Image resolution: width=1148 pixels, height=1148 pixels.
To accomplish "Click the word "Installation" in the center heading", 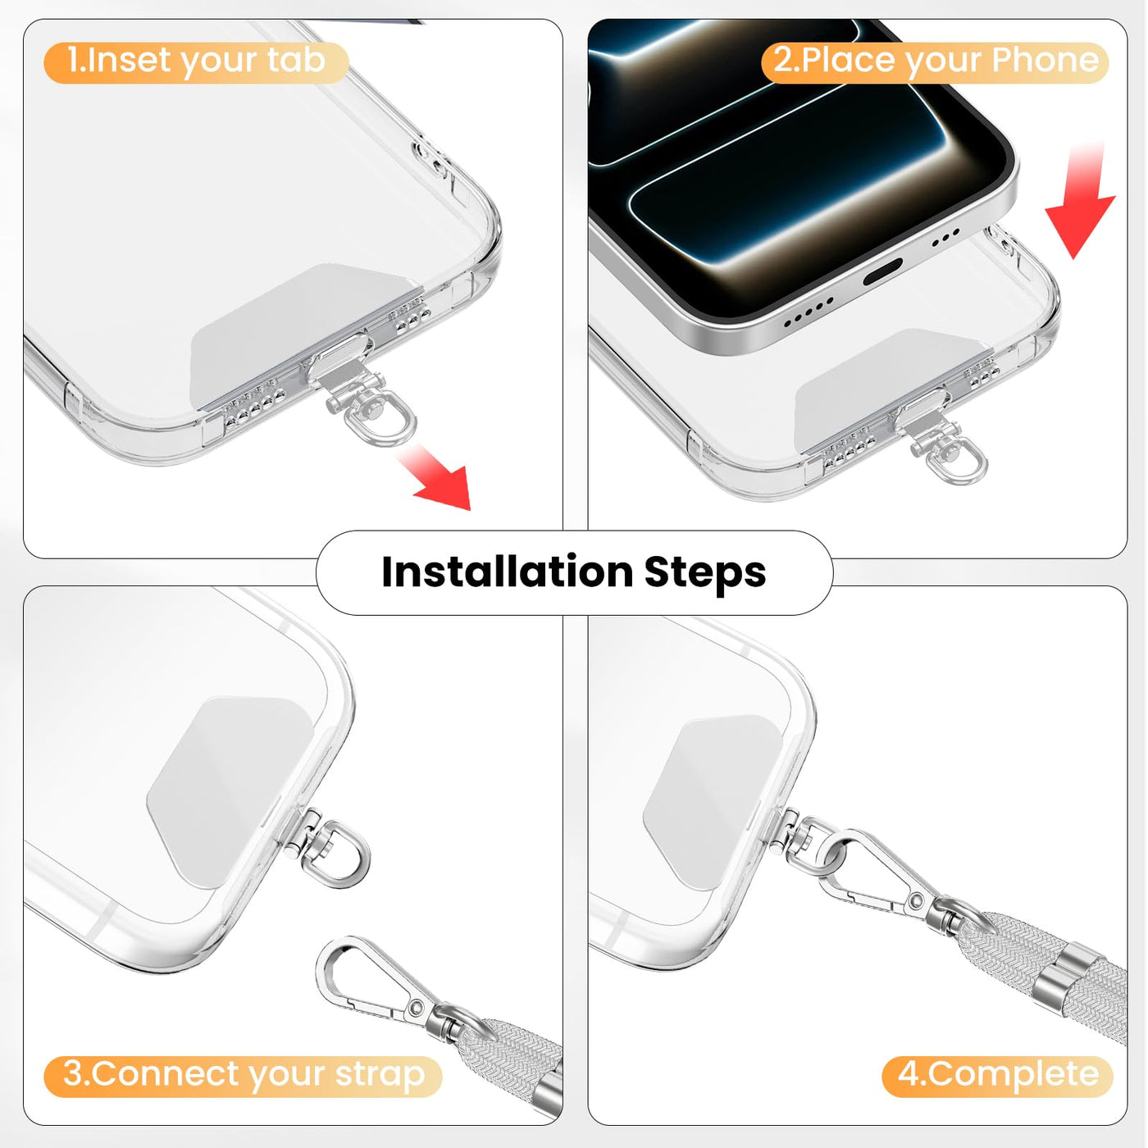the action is [x=508, y=572].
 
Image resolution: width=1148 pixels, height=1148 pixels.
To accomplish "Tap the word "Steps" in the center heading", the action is [x=705, y=573].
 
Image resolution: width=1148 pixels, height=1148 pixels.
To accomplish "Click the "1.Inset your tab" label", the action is [x=196, y=62].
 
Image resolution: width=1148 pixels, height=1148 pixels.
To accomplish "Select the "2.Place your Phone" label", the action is [x=935, y=62].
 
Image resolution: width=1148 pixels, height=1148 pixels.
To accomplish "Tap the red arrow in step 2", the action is [x=1080, y=199].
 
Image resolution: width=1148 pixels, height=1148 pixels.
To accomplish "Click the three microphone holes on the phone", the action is [x=945, y=237].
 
